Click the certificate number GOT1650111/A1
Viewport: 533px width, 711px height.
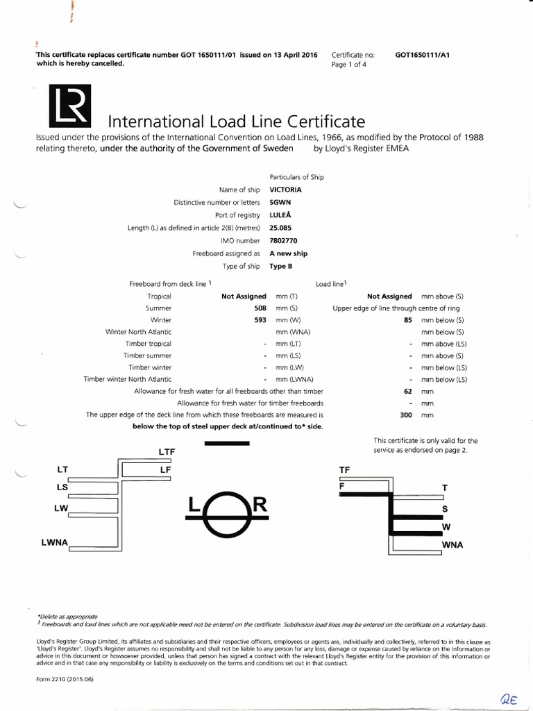coord(423,54)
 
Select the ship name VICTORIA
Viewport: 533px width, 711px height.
coord(285,190)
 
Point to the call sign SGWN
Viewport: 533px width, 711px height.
coord(280,202)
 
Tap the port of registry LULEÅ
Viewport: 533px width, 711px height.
coord(280,215)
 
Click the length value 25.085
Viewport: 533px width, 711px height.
coord(281,228)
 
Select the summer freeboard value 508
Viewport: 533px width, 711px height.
coord(260,308)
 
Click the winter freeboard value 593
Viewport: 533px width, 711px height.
coord(260,320)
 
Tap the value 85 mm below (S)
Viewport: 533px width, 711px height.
coord(407,320)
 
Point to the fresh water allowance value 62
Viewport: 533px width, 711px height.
coord(407,392)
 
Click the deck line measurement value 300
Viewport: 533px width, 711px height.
coord(406,415)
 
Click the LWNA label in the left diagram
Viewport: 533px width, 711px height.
coord(54,542)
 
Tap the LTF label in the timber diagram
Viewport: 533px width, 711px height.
coord(167,452)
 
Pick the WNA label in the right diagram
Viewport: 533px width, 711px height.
coord(452,545)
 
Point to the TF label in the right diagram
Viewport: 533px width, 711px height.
coord(344,470)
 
